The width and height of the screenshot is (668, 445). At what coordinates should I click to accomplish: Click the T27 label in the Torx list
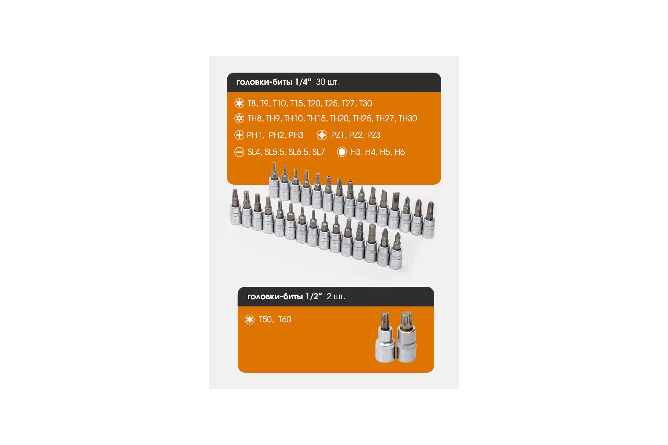(348, 103)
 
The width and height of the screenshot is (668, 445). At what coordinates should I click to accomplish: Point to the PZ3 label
(374, 135)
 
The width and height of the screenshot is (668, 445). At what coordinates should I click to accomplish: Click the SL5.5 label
(274, 152)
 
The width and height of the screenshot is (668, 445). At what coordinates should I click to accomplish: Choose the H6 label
(400, 152)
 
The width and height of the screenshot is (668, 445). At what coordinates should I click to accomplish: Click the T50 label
(265, 320)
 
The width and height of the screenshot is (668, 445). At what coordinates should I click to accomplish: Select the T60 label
(284, 320)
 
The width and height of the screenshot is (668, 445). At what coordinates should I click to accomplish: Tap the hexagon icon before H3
(342, 152)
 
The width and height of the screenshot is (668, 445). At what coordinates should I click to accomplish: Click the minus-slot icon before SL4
(239, 152)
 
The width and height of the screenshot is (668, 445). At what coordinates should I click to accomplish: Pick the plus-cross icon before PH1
(239, 135)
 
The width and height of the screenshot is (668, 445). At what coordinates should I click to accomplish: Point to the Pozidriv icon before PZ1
(322, 135)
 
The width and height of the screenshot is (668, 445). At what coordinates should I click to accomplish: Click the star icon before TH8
(239, 118)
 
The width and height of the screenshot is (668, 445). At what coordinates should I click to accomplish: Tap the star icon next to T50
(250, 320)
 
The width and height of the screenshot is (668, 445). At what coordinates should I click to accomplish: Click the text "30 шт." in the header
(328, 82)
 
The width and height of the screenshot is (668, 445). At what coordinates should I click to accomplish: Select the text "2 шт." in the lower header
(336, 296)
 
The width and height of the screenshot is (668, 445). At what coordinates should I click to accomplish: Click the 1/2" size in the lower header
(314, 296)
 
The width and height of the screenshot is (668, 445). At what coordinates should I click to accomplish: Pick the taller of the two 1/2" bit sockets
(406, 337)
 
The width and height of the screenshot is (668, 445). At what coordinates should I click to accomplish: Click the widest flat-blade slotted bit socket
(394, 211)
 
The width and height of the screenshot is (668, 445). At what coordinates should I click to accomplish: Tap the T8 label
(252, 103)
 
